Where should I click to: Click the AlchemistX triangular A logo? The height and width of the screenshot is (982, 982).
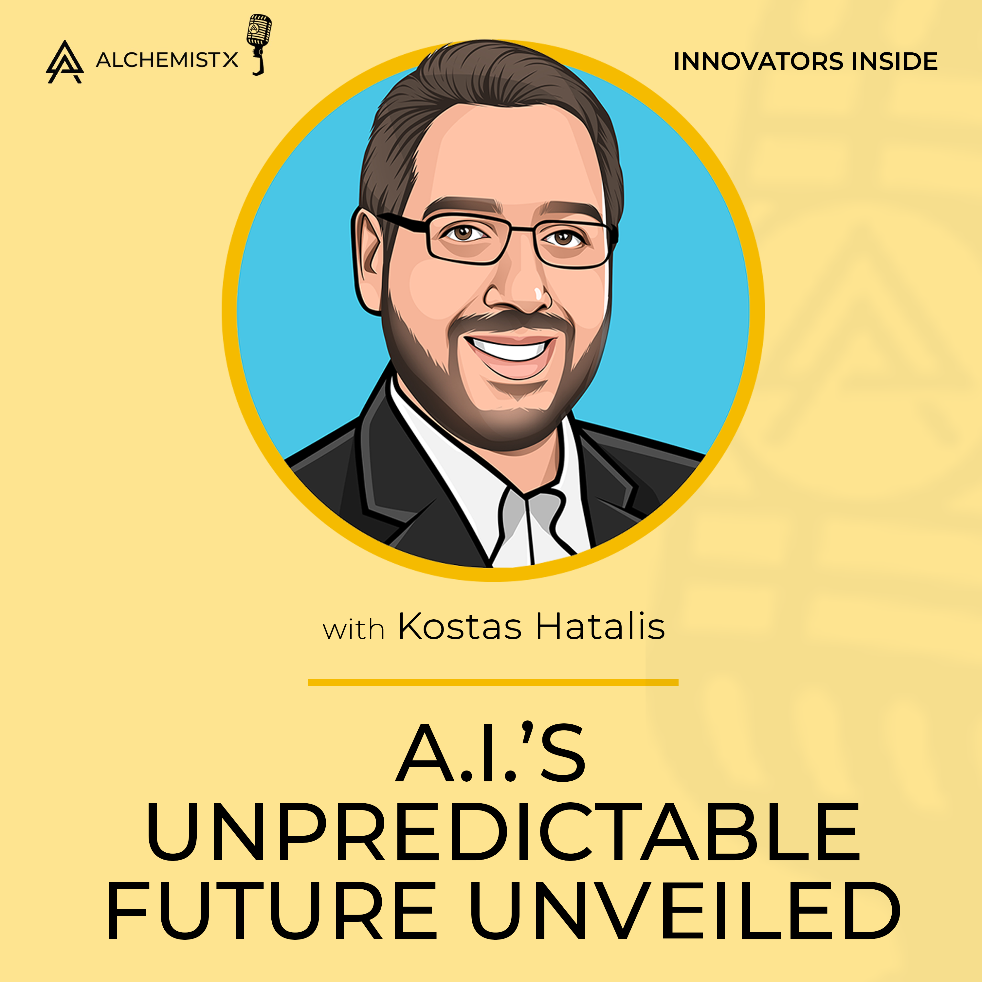[x=64, y=62]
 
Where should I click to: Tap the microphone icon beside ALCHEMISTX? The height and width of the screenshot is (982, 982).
[x=259, y=43]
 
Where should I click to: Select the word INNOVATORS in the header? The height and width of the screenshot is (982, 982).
[x=758, y=62]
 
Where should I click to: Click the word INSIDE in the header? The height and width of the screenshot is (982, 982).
[x=895, y=62]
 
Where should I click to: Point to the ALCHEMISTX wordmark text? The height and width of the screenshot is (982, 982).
[x=167, y=61]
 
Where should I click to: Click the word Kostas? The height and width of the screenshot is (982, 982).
[x=460, y=627]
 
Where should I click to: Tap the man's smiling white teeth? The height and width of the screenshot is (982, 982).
[x=512, y=350]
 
